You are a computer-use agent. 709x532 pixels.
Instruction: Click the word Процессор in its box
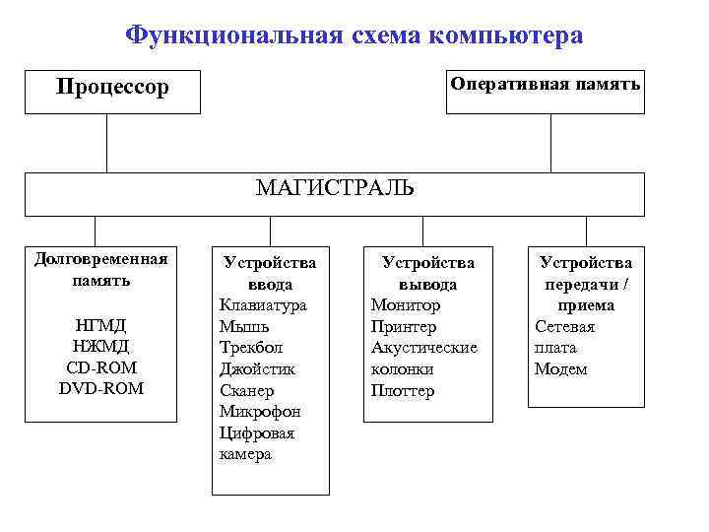[x=112, y=88]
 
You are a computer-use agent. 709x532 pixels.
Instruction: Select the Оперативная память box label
[x=545, y=84]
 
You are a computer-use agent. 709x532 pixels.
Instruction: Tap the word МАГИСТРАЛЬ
[x=335, y=188]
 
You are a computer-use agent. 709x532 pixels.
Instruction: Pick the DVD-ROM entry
[x=100, y=389]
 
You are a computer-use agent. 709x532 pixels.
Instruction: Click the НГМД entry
[x=100, y=324]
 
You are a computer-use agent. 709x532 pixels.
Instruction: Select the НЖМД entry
[x=100, y=346]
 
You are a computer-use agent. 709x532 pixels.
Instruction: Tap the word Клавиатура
[x=263, y=304]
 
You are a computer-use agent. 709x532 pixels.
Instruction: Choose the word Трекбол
[x=250, y=348]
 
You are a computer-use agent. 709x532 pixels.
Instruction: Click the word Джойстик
[x=257, y=369]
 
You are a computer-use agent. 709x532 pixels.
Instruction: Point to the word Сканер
[x=246, y=391]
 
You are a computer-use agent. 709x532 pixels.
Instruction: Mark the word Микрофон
[x=260, y=412]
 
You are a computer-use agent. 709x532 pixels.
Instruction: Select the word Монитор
[x=406, y=304]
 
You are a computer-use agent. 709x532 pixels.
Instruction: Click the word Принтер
[x=404, y=326]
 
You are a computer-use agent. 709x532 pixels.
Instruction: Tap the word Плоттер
[x=403, y=391]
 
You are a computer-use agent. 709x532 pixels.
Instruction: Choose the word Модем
[x=560, y=369]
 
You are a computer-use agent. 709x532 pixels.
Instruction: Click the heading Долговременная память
[x=100, y=269]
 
